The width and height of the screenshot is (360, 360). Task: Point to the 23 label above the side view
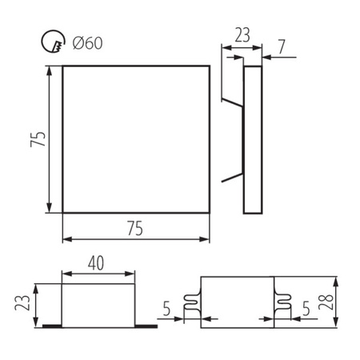242,36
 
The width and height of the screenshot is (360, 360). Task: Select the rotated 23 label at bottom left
22,305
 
